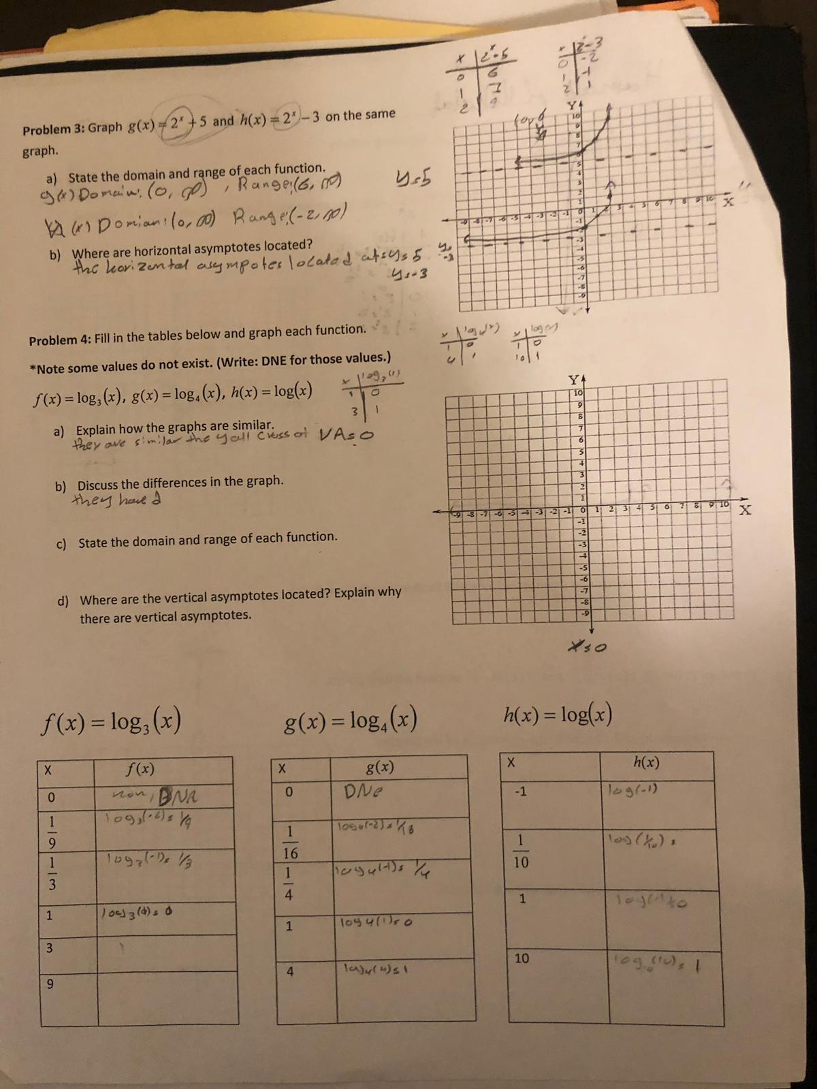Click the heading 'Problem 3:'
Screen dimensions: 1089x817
[x=52, y=129]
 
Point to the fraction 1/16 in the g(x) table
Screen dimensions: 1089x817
[x=289, y=842]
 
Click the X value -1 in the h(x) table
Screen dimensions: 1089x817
[x=521, y=791]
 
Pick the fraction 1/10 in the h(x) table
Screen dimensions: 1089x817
[x=521, y=851]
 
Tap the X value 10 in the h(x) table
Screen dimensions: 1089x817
[x=522, y=958]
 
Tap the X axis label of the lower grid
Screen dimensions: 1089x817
[x=746, y=510]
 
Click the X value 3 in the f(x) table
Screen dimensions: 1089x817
[x=50, y=947]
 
